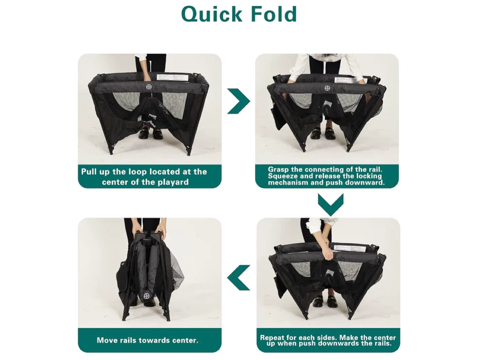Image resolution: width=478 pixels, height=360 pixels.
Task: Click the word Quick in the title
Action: coord(211,14)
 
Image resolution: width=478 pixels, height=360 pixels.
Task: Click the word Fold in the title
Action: coord(274,14)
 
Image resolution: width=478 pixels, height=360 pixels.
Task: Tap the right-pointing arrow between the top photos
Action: coord(238,101)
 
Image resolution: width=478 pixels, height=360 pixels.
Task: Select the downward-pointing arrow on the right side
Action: coord(330,205)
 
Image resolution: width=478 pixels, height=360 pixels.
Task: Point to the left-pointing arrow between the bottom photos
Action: coord(238,278)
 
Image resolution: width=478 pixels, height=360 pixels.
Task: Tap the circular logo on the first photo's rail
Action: coord(149,87)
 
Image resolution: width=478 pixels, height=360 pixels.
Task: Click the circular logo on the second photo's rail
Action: coord(327,88)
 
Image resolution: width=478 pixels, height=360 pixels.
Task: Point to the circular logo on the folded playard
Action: coord(146,296)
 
